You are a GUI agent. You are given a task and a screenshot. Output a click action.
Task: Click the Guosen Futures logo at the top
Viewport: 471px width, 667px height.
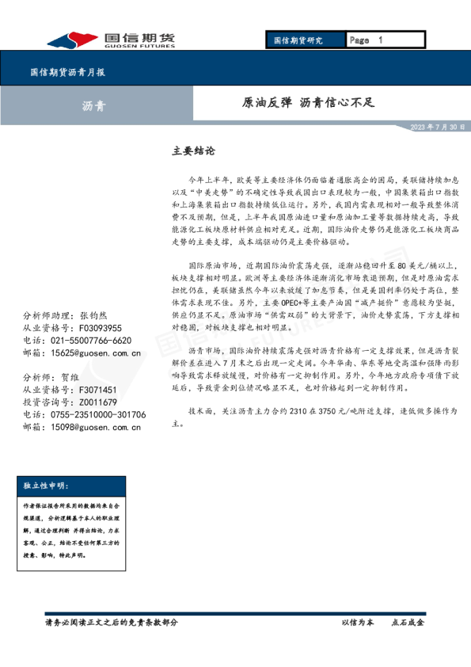(112, 40)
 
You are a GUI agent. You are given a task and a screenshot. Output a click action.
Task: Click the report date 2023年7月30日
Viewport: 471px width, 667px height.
(438, 127)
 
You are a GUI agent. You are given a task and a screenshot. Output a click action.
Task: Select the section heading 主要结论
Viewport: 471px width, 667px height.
(193, 149)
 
